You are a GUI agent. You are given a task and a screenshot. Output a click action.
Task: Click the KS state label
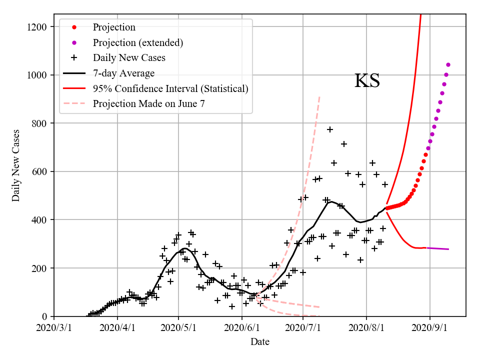tap(367, 81)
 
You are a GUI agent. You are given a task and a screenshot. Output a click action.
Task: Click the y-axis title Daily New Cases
tap(16, 165)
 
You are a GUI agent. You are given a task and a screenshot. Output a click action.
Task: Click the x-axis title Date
tap(259, 342)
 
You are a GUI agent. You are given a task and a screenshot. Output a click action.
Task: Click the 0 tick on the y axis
tap(45, 316)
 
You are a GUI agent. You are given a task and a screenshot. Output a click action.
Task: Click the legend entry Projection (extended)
tap(138, 42)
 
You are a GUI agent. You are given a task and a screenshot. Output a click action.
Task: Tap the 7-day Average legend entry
tap(123, 73)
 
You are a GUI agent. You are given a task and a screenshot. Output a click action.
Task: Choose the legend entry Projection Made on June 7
tap(148, 104)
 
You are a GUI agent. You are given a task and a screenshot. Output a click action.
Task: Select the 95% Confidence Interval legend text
tap(170, 88)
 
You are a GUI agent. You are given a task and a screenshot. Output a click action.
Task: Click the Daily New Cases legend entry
tap(129, 57)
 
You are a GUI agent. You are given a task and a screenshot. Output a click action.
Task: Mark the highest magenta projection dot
tap(448, 64)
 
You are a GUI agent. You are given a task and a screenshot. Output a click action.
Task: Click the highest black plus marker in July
tap(330, 129)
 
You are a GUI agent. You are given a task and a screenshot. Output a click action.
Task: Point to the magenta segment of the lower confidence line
tap(437, 248)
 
